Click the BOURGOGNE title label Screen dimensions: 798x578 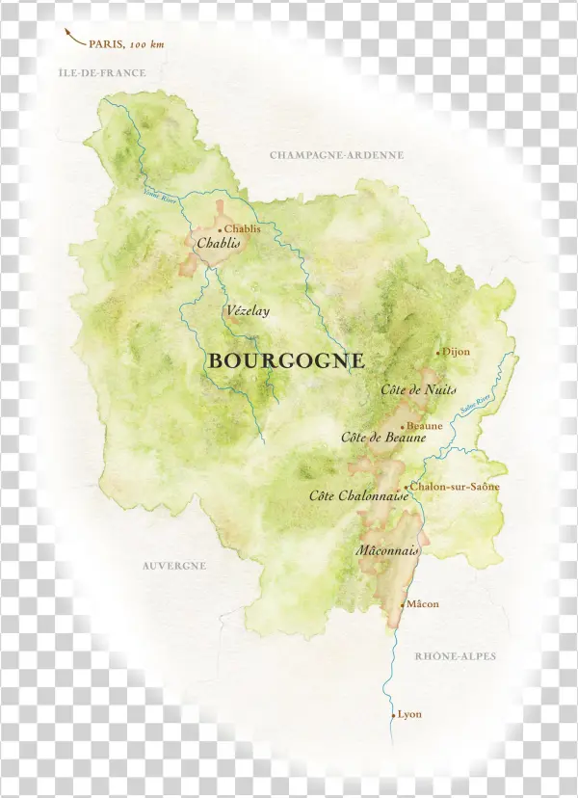click(286, 361)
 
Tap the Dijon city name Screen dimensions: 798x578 click(457, 352)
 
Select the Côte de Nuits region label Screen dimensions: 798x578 click(418, 389)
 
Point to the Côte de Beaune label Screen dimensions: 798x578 click(383, 437)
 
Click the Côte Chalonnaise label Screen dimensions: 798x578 click(358, 495)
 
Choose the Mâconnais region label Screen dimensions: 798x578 click(387, 551)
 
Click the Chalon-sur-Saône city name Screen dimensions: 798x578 click(456, 487)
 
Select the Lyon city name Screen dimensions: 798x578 click(409, 714)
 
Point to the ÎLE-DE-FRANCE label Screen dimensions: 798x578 click(102, 73)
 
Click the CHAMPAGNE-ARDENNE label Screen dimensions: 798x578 click(336, 155)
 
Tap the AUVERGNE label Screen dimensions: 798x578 click(174, 566)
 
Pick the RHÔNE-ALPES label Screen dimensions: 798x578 click(456, 656)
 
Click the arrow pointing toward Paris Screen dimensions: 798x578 click(72, 38)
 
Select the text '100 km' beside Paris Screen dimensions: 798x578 click(146, 44)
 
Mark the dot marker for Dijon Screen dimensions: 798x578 click(438, 353)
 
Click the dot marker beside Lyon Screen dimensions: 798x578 click(393, 715)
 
